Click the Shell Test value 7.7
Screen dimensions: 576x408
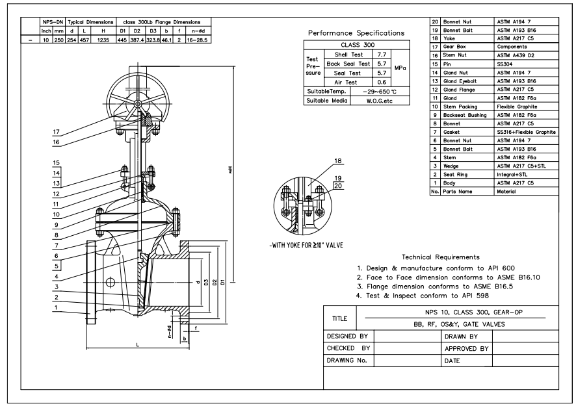[x=382, y=55]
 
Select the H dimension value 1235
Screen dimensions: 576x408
[x=103, y=40]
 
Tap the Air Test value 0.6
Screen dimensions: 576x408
[x=382, y=83]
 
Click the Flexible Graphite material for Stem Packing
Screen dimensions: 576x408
[x=517, y=107]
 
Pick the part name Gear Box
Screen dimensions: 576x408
[x=454, y=47]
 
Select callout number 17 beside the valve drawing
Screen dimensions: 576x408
[x=56, y=131]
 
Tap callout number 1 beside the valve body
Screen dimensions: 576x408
[x=56, y=308]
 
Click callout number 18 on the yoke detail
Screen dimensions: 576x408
[x=338, y=160]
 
